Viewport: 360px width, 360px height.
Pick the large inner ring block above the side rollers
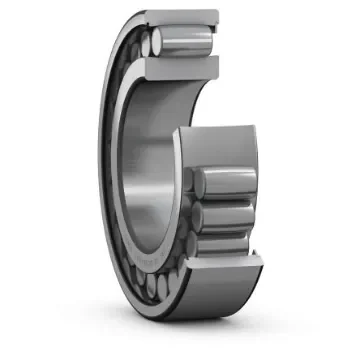220,145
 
